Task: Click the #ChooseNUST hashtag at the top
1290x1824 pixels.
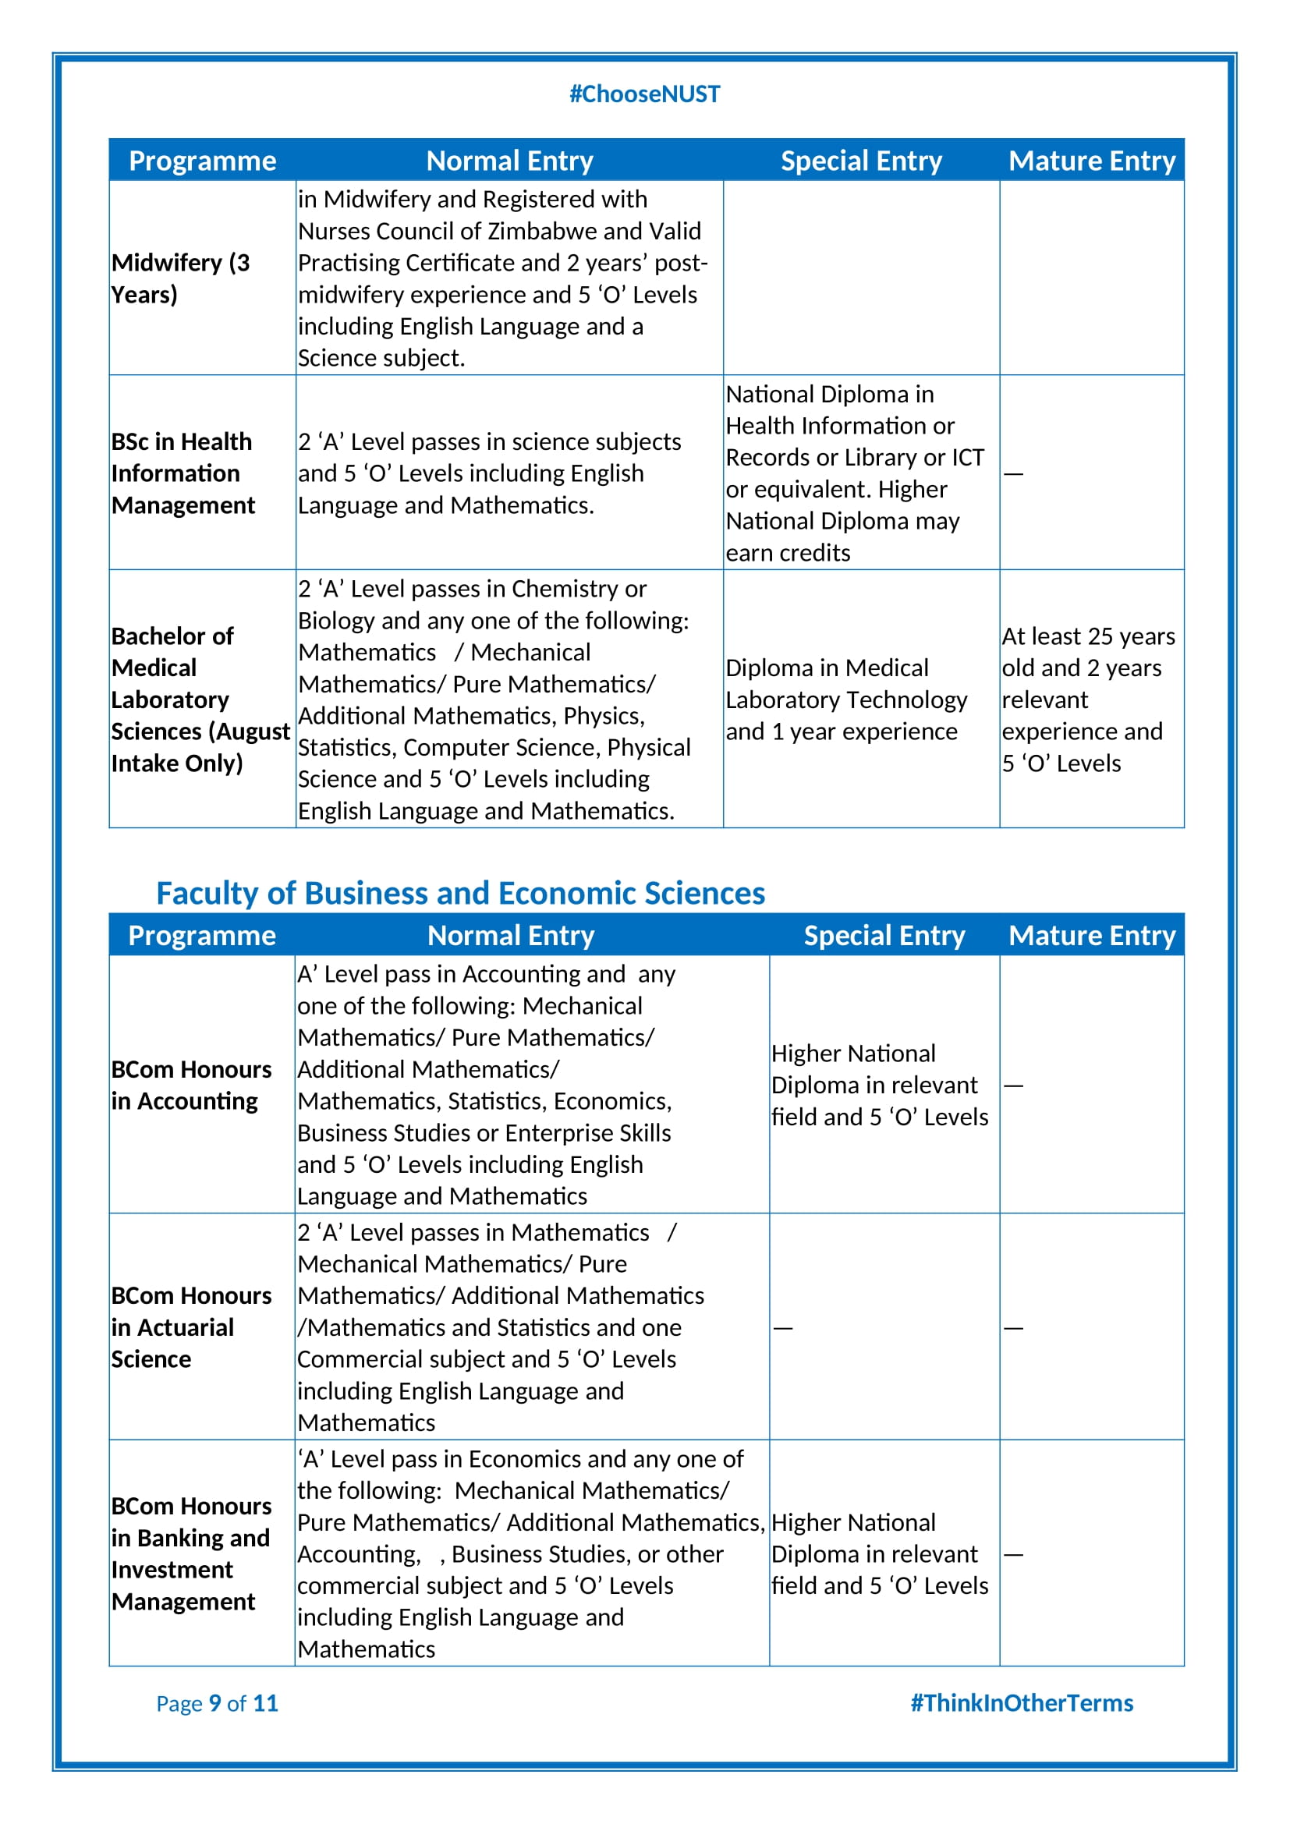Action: [x=644, y=94]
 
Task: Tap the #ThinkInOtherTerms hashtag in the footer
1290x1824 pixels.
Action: [x=1021, y=1702]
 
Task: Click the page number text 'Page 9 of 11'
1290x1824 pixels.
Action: [x=217, y=1703]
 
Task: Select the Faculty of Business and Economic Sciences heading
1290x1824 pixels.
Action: [x=460, y=893]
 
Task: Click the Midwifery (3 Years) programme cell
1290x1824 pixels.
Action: [x=180, y=278]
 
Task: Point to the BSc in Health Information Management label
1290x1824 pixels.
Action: [x=183, y=473]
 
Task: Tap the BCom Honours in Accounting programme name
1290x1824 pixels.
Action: [x=190, y=1086]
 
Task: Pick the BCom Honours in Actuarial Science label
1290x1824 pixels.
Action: [x=190, y=1326]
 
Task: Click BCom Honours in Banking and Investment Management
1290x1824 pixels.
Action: [x=190, y=1553]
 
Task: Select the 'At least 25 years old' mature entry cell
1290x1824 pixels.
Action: [x=1087, y=699]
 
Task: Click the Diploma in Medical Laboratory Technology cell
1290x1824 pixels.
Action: [x=846, y=699]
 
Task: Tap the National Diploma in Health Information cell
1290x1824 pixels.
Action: [x=854, y=473]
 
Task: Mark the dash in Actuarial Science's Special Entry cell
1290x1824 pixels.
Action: [x=783, y=1328]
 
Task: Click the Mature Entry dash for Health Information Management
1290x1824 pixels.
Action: [x=1013, y=474]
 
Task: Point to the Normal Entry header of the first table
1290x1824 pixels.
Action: [x=509, y=161]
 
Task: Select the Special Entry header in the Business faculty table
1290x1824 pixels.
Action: [x=884, y=935]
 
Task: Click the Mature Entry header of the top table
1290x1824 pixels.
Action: [x=1091, y=161]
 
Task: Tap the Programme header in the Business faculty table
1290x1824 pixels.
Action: [x=202, y=935]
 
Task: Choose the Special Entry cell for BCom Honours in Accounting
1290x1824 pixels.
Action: [x=879, y=1086]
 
